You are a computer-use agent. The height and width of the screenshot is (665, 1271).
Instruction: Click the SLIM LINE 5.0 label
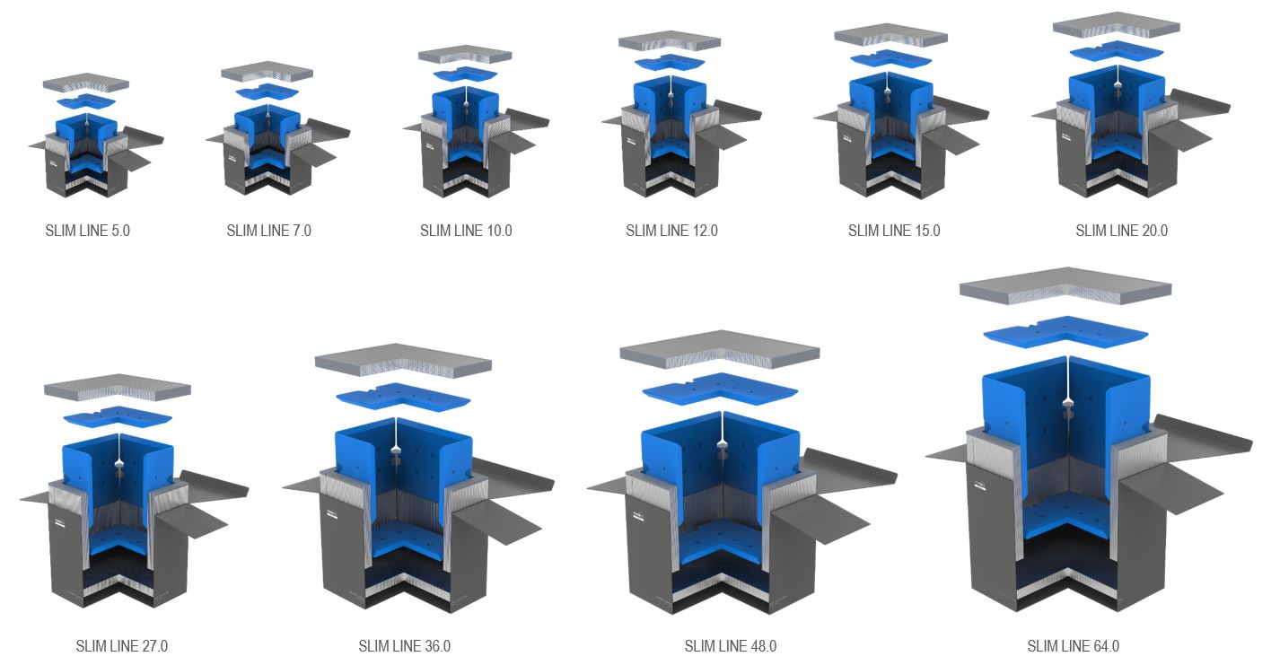87,231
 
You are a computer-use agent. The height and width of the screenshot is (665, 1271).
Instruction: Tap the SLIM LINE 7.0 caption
269,231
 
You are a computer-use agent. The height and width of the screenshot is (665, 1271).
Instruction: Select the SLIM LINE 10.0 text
466,231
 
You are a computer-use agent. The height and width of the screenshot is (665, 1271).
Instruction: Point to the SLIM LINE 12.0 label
671,231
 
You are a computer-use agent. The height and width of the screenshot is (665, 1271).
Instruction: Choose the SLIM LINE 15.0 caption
894,231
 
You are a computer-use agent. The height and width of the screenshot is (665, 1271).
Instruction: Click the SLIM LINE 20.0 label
1122,231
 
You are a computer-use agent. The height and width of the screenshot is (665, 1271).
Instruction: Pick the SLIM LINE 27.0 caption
122,646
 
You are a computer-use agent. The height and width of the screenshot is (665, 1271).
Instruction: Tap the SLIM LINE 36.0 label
405,646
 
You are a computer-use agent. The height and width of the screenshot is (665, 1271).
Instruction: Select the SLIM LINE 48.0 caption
731,646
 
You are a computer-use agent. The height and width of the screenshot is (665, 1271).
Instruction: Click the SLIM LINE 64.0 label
1073,646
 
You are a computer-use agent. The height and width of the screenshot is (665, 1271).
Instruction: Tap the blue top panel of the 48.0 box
721,387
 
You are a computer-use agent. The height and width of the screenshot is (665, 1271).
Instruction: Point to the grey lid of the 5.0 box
86,83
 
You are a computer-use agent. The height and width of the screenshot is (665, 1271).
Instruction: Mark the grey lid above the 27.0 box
118,387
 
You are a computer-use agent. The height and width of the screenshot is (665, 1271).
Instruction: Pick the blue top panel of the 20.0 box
1117,51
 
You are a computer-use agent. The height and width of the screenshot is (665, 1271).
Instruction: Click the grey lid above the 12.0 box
670,40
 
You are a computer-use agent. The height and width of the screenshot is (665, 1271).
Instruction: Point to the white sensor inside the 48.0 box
723,444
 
